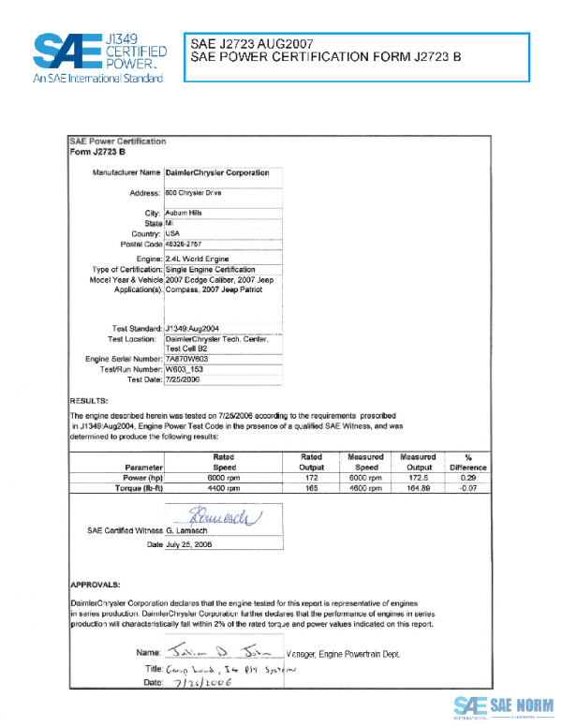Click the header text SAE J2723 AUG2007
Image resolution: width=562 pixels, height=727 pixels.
(x=248, y=44)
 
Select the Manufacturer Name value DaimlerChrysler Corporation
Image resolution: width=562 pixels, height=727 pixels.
(x=216, y=173)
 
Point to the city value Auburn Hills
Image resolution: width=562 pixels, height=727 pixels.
(x=184, y=213)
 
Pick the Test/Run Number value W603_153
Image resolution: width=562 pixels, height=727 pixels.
(x=185, y=370)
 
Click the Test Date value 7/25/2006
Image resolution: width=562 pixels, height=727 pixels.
(x=184, y=380)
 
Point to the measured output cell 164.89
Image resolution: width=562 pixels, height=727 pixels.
(x=418, y=489)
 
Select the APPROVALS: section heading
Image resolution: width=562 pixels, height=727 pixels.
(x=96, y=582)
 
